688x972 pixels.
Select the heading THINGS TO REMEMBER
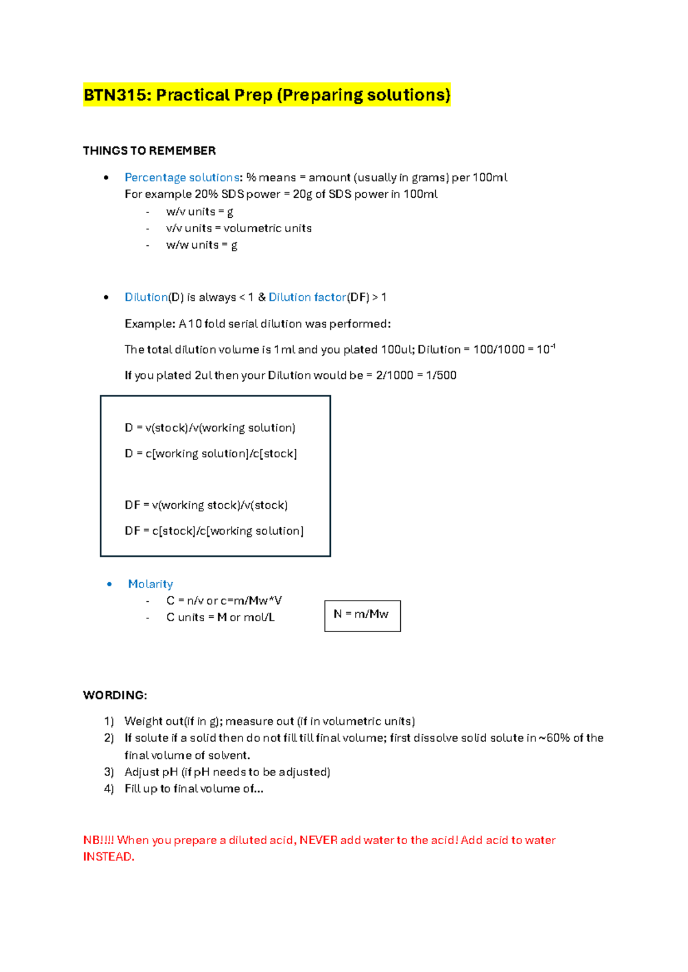pyautogui.click(x=149, y=151)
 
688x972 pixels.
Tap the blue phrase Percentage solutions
pyautogui.click(x=182, y=178)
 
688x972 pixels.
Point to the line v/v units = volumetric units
pyautogui.click(x=239, y=228)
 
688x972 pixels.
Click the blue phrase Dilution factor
pyautogui.click(x=307, y=297)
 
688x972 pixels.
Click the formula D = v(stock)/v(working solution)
pyautogui.click(x=210, y=428)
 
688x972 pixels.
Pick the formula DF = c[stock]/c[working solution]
pyautogui.click(x=214, y=531)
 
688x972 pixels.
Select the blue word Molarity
pyautogui.click(x=150, y=584)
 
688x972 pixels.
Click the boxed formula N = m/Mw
pyautogui.click(x=361, y=614)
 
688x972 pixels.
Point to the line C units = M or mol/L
pyautogui.click(x=220, y=618)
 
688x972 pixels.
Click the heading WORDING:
pyautogui.click(x=115, y=695)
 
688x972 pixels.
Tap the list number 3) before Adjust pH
pyautogui.click(x=109, y=772)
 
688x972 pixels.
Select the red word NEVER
pyautogui.click(x=318, y=840)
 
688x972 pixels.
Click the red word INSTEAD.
pyautogui.click(x=108, y=857)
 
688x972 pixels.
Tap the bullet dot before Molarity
pyautogui.click(x=110, y=584)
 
